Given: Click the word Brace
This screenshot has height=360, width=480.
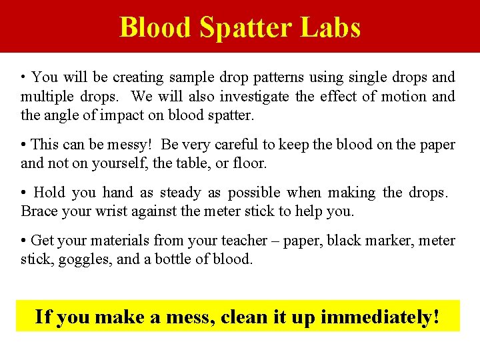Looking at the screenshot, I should [x=40, y=211].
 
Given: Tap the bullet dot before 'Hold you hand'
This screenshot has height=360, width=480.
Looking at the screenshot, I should [x=23, y=193].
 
